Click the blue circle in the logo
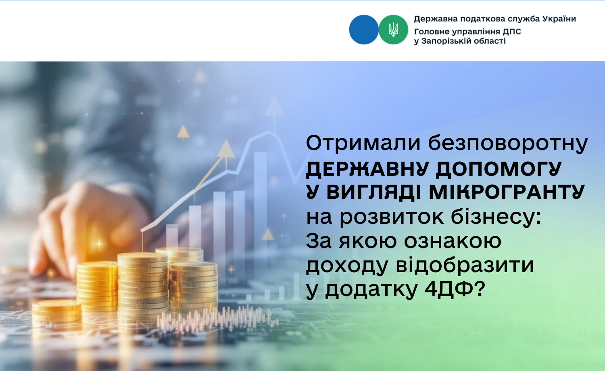[x=363, y=30]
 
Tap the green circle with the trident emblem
[x=393, y=30]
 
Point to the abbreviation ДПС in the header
[x=511, y=32]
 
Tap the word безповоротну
[x=508, y=144]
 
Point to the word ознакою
[x=453, y=241]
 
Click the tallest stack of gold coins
[x=143, y=286]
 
